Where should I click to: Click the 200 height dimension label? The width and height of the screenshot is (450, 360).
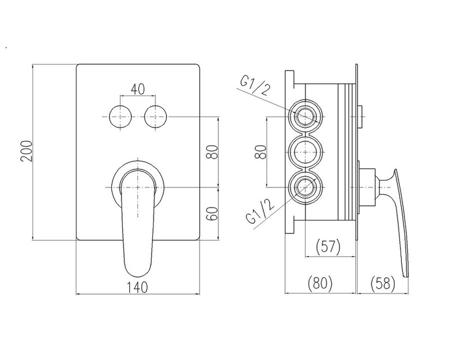click(x=26, y=151)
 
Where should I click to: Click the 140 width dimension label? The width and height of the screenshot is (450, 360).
click(x=137, y=287)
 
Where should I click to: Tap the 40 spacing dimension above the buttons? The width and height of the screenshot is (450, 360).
click(x=137, y=89)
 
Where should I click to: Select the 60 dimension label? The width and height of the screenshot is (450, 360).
click(x=213, y=213)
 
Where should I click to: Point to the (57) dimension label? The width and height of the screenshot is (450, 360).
click(x=328, y=246)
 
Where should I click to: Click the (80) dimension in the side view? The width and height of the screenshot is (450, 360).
click(x=319, y=283)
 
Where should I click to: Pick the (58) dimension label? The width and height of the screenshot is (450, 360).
click(x=383, y=283)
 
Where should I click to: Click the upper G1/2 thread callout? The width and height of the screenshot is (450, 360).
click(x=255, y=87)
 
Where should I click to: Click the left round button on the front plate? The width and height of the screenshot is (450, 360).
click(x=120, y=117)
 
